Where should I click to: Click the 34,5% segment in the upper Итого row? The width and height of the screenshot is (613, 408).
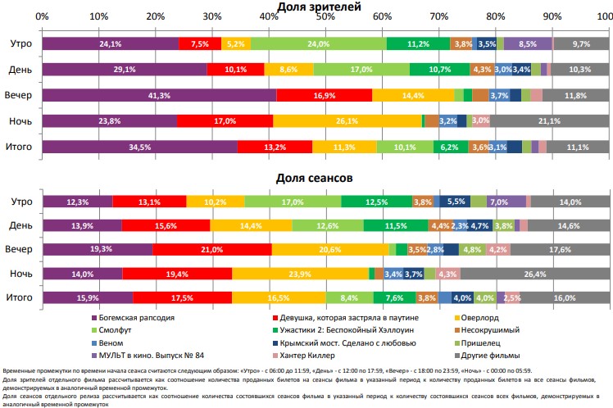[140, 147]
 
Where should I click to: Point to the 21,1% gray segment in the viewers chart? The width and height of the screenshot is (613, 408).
[549, 121]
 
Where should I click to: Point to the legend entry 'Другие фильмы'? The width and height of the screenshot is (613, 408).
[485, 356]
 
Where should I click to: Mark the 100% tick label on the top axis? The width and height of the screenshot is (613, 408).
[601, 17]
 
